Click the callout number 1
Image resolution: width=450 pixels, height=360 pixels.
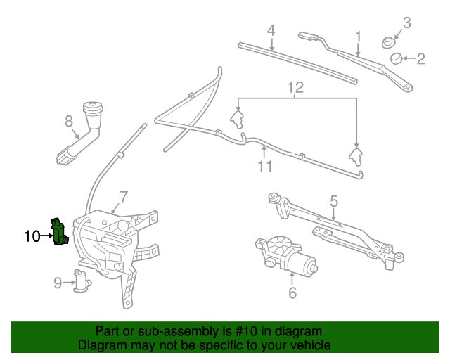tap(358, 36)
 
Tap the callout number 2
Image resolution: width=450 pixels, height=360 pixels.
tap(421, 59)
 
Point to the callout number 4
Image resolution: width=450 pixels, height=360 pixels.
tap(271, 30)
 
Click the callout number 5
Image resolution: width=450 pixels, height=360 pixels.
tap(334, 201)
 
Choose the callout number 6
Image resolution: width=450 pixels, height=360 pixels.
tap(292, 292)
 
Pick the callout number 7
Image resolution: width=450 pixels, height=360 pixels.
tap(123, 197)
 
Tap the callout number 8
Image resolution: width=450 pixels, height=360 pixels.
tap(69, 121)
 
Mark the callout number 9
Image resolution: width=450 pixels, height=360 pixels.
tap(58, 283)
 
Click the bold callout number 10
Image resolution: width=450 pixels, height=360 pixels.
tap(32, 236)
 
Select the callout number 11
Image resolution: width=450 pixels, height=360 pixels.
tap(264, 167)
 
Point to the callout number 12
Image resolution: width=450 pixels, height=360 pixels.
tap(295, 88)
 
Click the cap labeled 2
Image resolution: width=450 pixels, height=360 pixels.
tap(397, 58)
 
